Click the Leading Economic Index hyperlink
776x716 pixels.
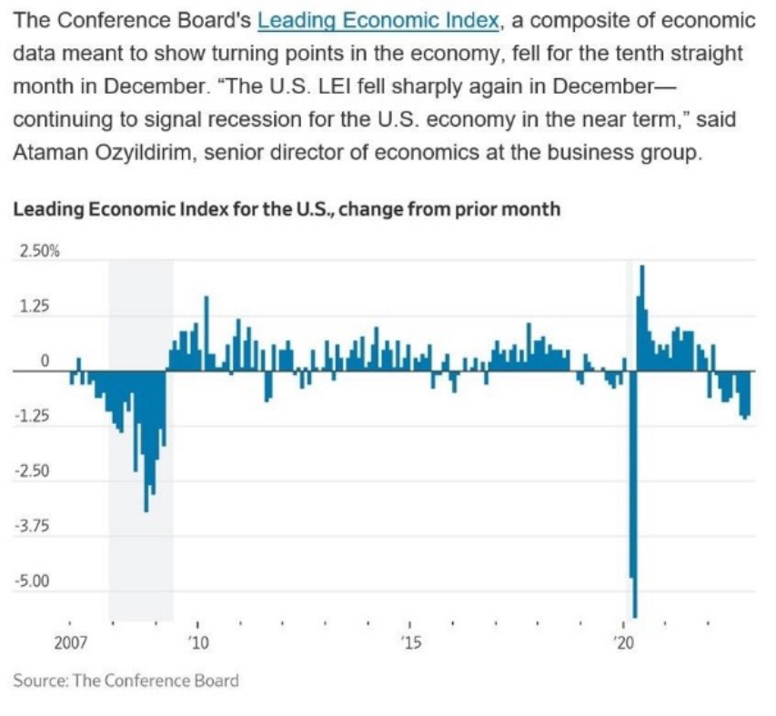[378, 20]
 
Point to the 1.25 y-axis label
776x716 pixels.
[35, 308]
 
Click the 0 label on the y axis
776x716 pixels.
[42, 363]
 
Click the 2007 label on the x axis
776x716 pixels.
[70, 643]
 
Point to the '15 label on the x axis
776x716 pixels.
[411, 643]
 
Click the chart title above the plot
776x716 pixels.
[286, 209]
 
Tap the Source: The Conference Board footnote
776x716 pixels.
[126, 681]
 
